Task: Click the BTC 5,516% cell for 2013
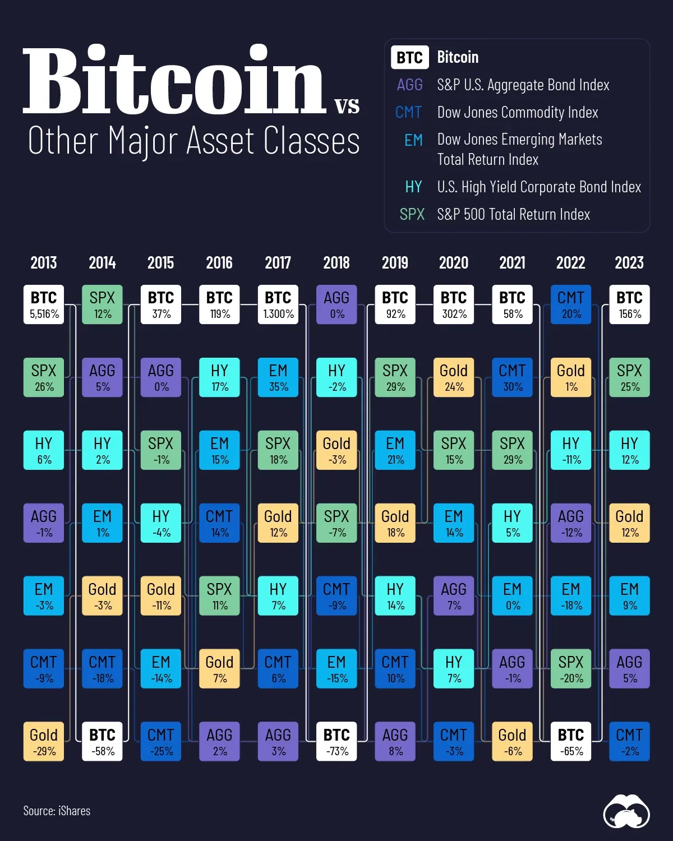[44, 304]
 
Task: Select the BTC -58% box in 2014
[102, 741]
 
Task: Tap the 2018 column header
[336, 262]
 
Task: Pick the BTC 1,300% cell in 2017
[278, 304]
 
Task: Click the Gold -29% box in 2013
[44, 741]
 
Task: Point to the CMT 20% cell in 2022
[571, 304]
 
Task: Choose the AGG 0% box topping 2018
[336, 304]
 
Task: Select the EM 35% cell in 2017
[278, 377]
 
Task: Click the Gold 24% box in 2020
[454, 377]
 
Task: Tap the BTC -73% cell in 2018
[336, 741]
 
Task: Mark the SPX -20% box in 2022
[571, 668]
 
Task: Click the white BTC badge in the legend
[409, 57]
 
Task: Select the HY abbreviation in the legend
[413, 187]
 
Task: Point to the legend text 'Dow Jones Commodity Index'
[518, 113]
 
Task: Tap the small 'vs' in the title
[347, 105]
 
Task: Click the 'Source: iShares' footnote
[57, 811]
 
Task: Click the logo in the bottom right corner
[626, 812]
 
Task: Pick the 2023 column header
[629, 262]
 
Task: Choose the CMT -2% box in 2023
[629, 741]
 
